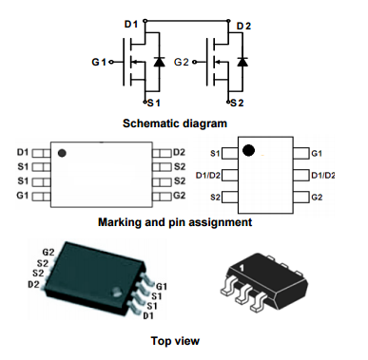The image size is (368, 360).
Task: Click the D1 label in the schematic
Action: click(131, 25)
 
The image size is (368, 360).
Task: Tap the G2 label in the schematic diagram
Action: click(182, 62)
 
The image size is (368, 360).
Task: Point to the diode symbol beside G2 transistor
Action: click(242, 62)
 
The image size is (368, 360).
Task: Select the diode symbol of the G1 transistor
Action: click(159, 62)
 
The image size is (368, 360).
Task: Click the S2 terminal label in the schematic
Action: click(237, 103)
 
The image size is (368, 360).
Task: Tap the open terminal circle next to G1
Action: click(111, 62)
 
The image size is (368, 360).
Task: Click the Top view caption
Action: click(175, 341)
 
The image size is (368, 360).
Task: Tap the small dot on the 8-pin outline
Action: click(62, 153)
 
